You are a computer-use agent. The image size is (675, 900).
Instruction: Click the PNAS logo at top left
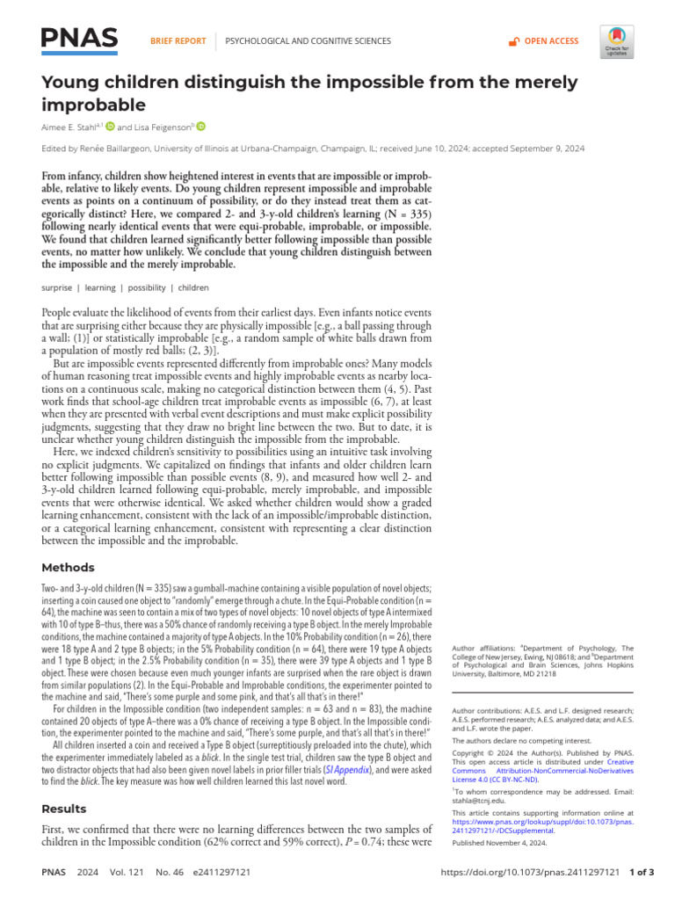[80, 40]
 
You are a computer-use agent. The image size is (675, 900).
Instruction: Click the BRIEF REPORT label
[178, 41]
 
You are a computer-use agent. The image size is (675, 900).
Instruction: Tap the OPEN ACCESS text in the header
[551, 41]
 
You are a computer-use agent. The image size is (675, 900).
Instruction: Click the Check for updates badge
[617, 41]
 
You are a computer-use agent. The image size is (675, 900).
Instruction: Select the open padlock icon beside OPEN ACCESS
[514, 41]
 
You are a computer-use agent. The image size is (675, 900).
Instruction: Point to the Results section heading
[64, 809]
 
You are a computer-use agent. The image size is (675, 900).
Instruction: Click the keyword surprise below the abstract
[57, 287]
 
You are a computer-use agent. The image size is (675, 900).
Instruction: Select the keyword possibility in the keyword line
[149, 287]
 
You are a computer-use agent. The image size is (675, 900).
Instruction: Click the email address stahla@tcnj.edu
[480, 801]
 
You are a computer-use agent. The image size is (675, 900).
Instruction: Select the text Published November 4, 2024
[499, 843]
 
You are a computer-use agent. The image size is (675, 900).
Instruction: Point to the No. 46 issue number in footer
[169, 872]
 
